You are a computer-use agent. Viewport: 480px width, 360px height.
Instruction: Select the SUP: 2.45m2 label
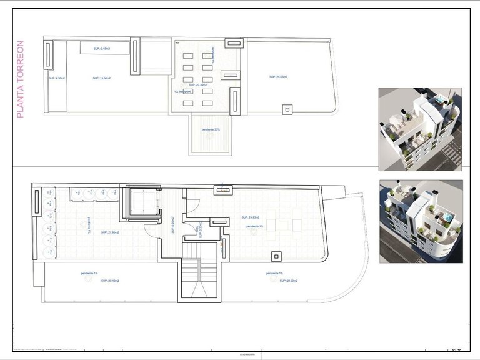pos(101,48)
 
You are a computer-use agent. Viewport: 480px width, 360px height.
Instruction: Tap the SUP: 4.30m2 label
pos(57,78)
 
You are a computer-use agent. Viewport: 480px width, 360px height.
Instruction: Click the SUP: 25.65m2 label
pos(278,77)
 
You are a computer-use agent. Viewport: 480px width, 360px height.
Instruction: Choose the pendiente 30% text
pos(211,130)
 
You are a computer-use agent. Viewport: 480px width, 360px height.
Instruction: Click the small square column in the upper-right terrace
pos(287,109)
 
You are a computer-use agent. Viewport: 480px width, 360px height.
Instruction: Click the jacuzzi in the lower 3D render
pos(448,218)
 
